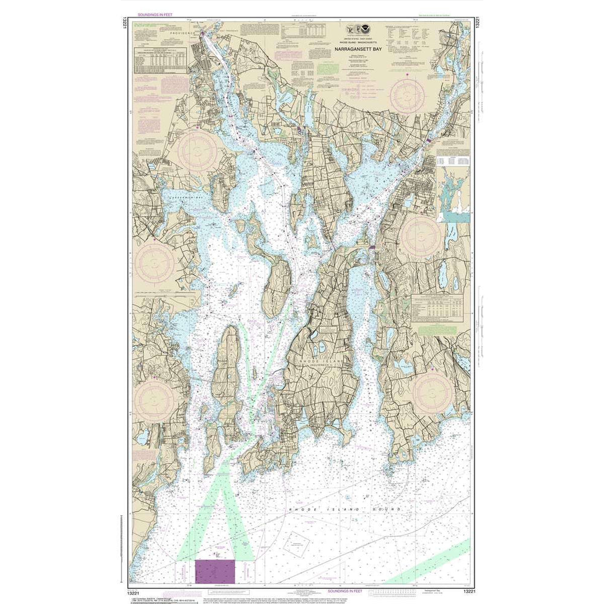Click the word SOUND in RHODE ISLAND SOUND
(x=388, y=510)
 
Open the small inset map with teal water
(x=453, y=194)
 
